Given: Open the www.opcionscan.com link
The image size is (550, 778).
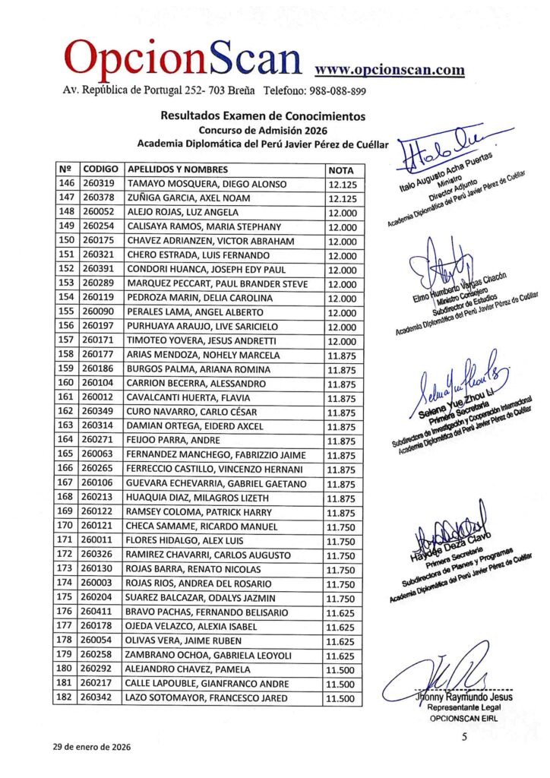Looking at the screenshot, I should (x=389, y=70).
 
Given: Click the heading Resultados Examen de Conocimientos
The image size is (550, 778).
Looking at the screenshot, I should (x=262, y=116).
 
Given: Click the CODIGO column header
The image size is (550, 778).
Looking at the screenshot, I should (x=100, y=169).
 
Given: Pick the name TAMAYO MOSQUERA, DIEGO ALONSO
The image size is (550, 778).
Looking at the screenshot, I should (x=207, y=184).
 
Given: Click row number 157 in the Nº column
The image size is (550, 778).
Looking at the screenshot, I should (x=65, y=340).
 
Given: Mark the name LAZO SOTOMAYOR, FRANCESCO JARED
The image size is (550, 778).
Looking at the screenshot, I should (x=207, y=697).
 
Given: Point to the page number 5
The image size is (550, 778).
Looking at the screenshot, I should (x=463, y=736).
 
